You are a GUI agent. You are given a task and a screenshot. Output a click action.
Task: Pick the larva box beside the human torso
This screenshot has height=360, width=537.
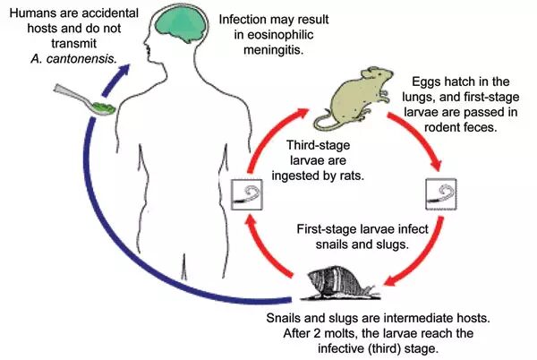(x=246, y=193)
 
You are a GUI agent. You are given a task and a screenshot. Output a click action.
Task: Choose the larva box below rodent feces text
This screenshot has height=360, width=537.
(x=439, y=193)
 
